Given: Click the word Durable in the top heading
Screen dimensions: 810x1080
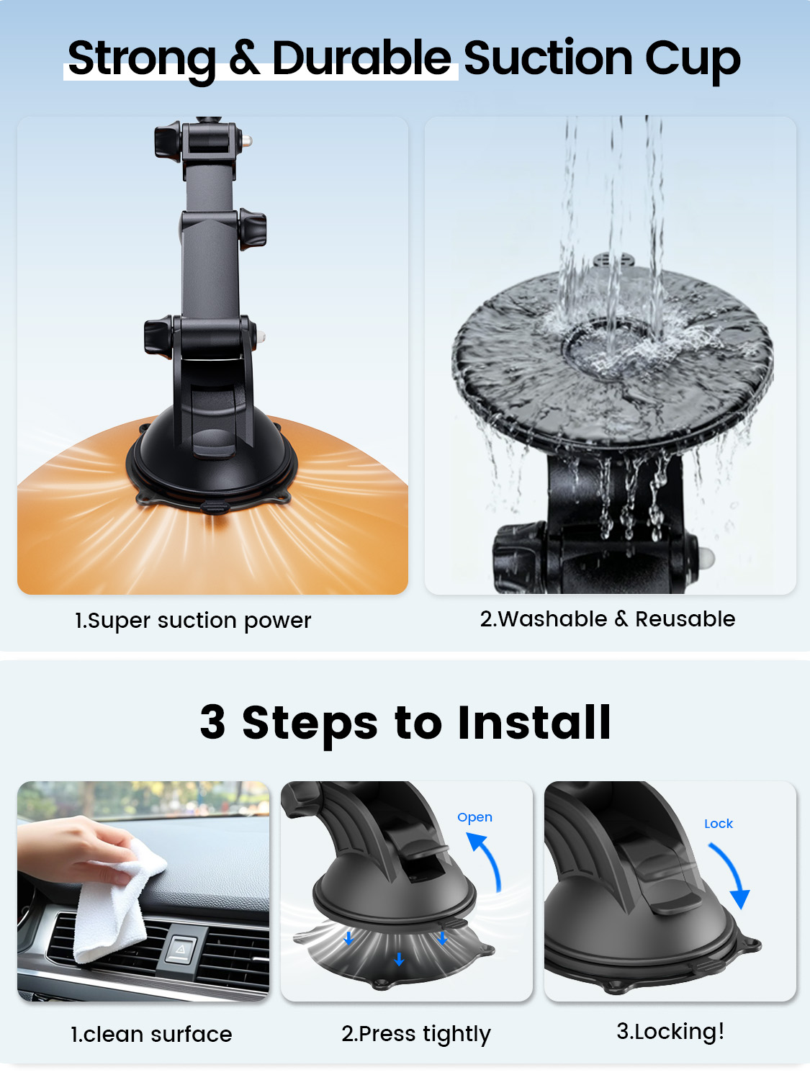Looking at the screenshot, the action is click(361, 58).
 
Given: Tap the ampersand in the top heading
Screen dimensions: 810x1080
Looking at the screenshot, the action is click(244, 58).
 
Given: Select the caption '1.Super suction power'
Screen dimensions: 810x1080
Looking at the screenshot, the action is click(193, 621).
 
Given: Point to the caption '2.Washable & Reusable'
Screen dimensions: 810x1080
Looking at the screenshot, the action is click(608, 618).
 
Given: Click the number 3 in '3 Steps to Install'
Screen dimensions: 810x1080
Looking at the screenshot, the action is click(213, 721).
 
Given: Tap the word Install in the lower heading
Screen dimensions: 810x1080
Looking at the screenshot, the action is click(534, 721).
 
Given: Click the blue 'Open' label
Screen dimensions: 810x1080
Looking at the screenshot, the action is click(474, 817).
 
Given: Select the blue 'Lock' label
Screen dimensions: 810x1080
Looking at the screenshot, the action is click(719, 824).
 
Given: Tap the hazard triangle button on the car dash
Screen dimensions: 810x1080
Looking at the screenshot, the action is click(180, 949).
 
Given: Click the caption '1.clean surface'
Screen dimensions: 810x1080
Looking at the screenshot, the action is click(151, 1034).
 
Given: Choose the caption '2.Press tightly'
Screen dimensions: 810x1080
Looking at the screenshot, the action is click(416, 1034).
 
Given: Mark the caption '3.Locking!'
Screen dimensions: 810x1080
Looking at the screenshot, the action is click(670, 1031).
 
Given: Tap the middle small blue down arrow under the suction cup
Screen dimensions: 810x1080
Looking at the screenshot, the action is click(399, 958).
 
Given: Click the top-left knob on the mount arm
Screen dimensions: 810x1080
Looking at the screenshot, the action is click(168, 141).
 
